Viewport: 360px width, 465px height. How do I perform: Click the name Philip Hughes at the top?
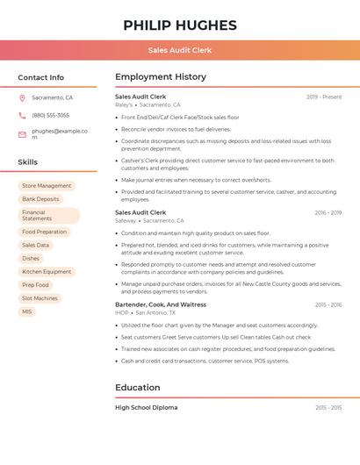coord(180,25)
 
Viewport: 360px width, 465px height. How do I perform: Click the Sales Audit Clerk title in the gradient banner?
coord(180,50)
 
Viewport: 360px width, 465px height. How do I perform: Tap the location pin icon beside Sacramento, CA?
coord(22,97)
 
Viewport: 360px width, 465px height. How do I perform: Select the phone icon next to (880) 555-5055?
coord(22,116)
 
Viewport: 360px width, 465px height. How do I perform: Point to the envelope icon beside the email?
coord(22,134)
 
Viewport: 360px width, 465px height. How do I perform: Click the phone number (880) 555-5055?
coord(50,116)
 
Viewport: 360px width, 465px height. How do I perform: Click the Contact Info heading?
coord(41,77)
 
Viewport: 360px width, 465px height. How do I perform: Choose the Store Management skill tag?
coord(47,186)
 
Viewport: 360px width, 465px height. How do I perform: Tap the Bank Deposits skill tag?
coord(40,199)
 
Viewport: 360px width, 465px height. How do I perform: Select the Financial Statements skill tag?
coord(48,216)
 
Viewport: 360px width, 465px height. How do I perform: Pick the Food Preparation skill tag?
coord(44,232)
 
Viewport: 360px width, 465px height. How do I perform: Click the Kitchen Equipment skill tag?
coord(47,272)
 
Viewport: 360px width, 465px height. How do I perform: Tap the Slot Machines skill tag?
coord(40,298)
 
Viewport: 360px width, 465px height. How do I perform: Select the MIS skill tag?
coord(27,311)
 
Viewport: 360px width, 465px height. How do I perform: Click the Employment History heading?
coord(161,77)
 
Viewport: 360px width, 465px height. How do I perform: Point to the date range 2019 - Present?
coord(324,97)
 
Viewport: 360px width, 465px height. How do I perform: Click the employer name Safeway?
coord(126,221)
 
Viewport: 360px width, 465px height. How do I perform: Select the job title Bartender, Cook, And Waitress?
coord(161,304)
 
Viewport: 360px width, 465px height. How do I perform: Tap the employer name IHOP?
coord(122,312)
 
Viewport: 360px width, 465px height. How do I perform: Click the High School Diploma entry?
coord(146,408)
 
